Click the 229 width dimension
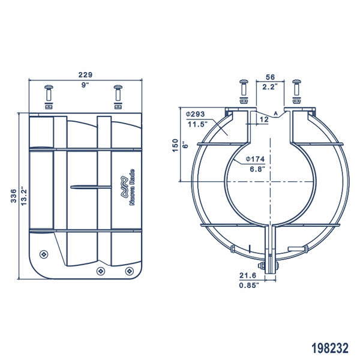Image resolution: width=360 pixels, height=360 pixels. click(x=85, y=74)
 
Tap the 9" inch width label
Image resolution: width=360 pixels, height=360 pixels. click(x=85, y=85)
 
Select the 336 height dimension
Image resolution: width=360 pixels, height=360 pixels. click(x=13, y=196)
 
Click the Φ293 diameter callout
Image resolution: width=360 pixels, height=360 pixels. click(x=196, y=114)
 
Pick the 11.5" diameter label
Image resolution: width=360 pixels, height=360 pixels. click(x=197, y=124)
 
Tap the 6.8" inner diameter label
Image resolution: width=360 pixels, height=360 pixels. click(x=256, y=169)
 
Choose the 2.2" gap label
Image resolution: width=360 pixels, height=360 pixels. click(x=269, y=86)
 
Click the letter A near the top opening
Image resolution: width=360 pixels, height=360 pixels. click(x=275, y=113)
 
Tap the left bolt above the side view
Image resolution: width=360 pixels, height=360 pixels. click(x=49, y=95)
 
